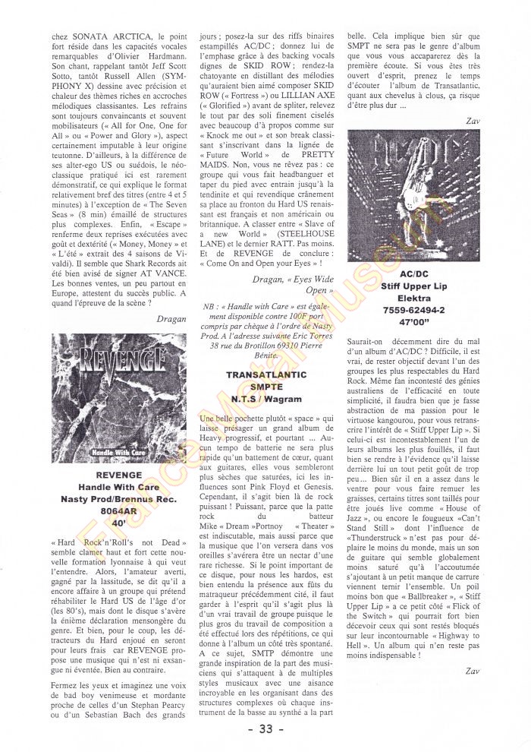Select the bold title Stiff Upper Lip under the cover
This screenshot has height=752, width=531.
[414, 285]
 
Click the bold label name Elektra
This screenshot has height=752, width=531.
[414, 298]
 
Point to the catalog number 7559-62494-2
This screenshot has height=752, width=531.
[414, 311]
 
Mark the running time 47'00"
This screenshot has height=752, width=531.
[414, 323]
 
